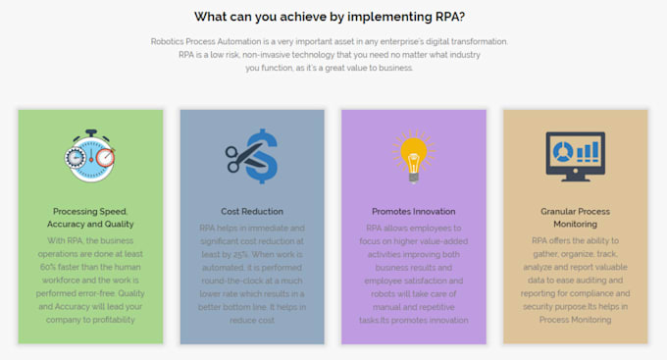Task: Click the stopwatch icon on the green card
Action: (90, 155)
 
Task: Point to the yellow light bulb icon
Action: (413, 153)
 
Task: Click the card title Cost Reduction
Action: (252, 211)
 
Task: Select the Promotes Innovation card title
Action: (413, 211)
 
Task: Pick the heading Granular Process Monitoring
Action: (575, 218)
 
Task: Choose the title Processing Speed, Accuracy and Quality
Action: (90, 218)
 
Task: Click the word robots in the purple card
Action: (372, 292)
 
